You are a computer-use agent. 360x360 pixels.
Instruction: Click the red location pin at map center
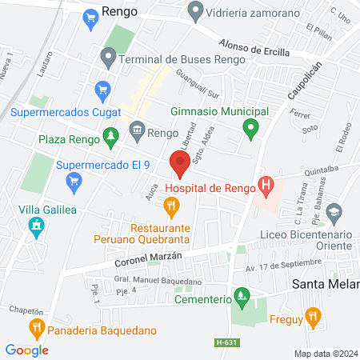[x=179, y=165]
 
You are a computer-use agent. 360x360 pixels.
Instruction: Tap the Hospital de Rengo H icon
[x=267, y=188]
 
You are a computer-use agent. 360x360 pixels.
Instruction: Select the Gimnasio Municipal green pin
[x=250, y=127]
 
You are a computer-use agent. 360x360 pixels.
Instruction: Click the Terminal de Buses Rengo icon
[x=107, y=58]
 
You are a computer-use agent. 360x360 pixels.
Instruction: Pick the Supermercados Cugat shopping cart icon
[x=102, y=90]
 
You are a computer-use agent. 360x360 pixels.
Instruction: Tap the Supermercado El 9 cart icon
[x=74, y=180]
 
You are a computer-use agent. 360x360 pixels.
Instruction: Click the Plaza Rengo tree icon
[x=110, y=138]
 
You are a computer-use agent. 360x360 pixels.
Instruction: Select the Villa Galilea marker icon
[x=35, y=229]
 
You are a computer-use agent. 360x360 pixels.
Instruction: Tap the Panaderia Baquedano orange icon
[x=36, y=327]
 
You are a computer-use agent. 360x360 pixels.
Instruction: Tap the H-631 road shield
[x=226, y=343]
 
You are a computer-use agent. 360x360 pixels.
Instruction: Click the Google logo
[x=26, y=350]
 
